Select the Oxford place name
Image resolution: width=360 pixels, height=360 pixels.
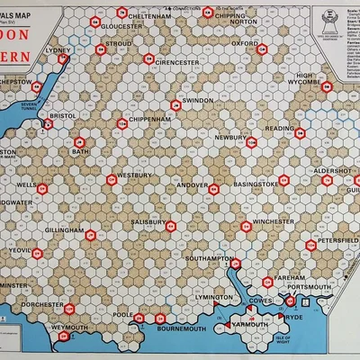(x=246, y=42)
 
